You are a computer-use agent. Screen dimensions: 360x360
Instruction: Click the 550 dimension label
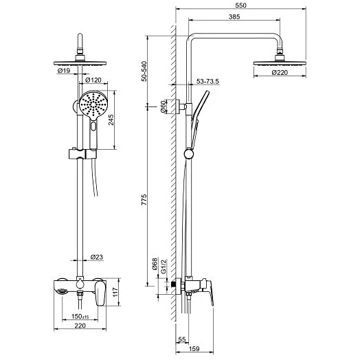240,5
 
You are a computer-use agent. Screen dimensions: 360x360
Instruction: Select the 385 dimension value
234,16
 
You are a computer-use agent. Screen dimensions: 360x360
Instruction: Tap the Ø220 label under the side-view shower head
280,73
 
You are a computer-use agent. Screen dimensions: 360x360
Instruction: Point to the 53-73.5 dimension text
207,81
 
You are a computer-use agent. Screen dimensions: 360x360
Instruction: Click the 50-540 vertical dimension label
144,71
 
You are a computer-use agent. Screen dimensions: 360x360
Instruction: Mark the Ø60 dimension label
164,106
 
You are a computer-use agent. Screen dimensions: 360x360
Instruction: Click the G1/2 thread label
164,267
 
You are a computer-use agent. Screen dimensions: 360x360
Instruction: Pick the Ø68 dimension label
155,264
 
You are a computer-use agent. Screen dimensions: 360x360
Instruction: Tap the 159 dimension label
194,348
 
